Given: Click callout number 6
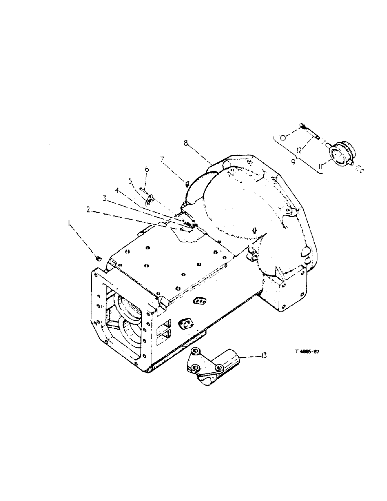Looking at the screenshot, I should click(x=147, y=170).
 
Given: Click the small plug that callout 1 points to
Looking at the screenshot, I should click(x=99, y=258).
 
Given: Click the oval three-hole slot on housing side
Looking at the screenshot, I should click(x=201, y=299).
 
